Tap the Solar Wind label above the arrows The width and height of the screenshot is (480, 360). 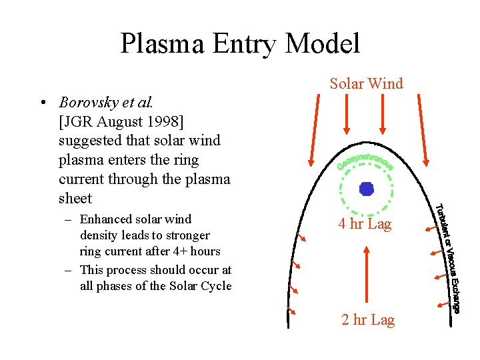point(366,83)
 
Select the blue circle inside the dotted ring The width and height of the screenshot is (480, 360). point(366,189)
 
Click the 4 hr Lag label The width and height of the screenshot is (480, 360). point(364,224)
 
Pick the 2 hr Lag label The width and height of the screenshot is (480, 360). point(368,320)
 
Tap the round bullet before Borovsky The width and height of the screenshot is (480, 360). point(42,103)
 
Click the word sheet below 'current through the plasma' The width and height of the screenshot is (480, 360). point(75,198)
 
